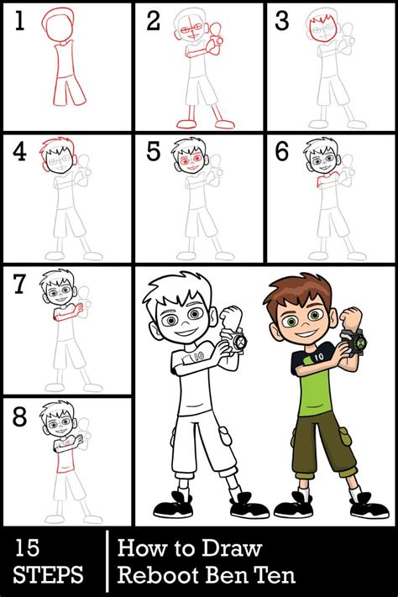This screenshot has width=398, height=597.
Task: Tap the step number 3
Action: pyautogui.click(x=283, y=22)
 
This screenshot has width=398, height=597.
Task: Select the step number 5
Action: pyautogui.click(x=152, y=153)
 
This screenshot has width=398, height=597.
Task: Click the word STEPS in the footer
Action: pyautogui.click(x=49, y=575)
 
